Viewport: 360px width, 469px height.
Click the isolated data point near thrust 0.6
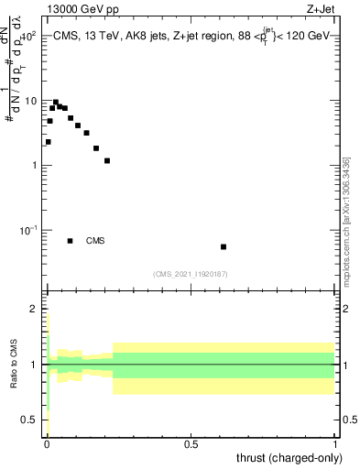[x=224, y=246]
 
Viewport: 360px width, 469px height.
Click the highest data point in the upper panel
[x=56, y=103]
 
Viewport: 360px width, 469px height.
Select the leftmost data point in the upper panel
[x=48, y=142]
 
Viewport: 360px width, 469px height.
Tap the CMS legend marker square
[x=70, y=241]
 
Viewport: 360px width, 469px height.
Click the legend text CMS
[x=95, y=241]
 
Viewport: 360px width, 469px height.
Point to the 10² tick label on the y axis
[x=27, y=36]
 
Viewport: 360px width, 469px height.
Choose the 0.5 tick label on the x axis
[x=191, y=444]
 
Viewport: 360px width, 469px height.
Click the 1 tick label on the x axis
[x=336, y=444]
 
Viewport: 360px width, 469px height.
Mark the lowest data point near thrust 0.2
[x=107, y=161]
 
